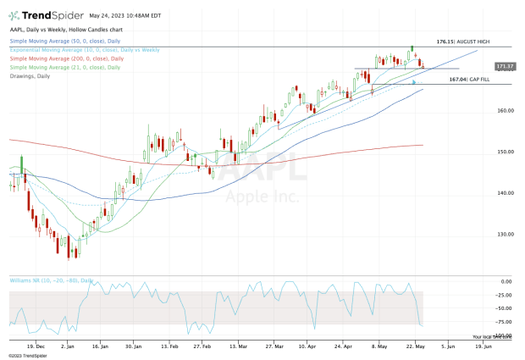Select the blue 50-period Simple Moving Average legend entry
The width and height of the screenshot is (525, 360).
click(x=59, y=40)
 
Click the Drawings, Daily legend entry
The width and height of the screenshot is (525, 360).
click(x=30, y=75)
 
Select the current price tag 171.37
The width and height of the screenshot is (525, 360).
click(x=482, y=65)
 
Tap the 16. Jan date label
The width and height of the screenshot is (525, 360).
click(x=99, y=346)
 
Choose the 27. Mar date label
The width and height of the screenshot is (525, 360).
click(x=273, y=346)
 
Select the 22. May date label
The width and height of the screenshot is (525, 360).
click(x=416, y=346)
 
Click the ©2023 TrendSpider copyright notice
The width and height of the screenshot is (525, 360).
click(x=30, y=355)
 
